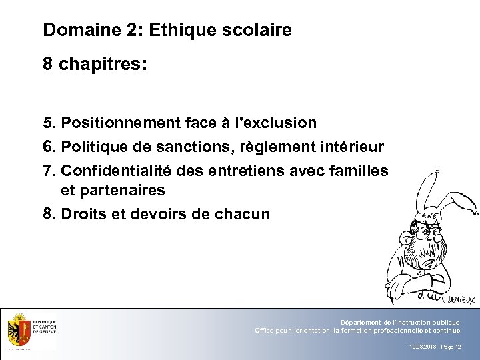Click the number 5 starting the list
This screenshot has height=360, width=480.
47,123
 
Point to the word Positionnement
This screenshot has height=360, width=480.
117,123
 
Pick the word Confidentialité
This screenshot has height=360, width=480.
118,171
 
